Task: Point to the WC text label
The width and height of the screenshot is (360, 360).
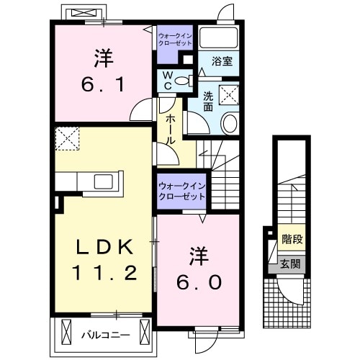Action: [165, 81]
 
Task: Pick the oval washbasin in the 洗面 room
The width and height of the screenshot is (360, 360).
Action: [229, 123]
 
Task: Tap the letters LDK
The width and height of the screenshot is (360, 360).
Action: [105, 248]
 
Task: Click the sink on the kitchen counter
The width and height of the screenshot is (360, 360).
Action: [100, 180]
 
